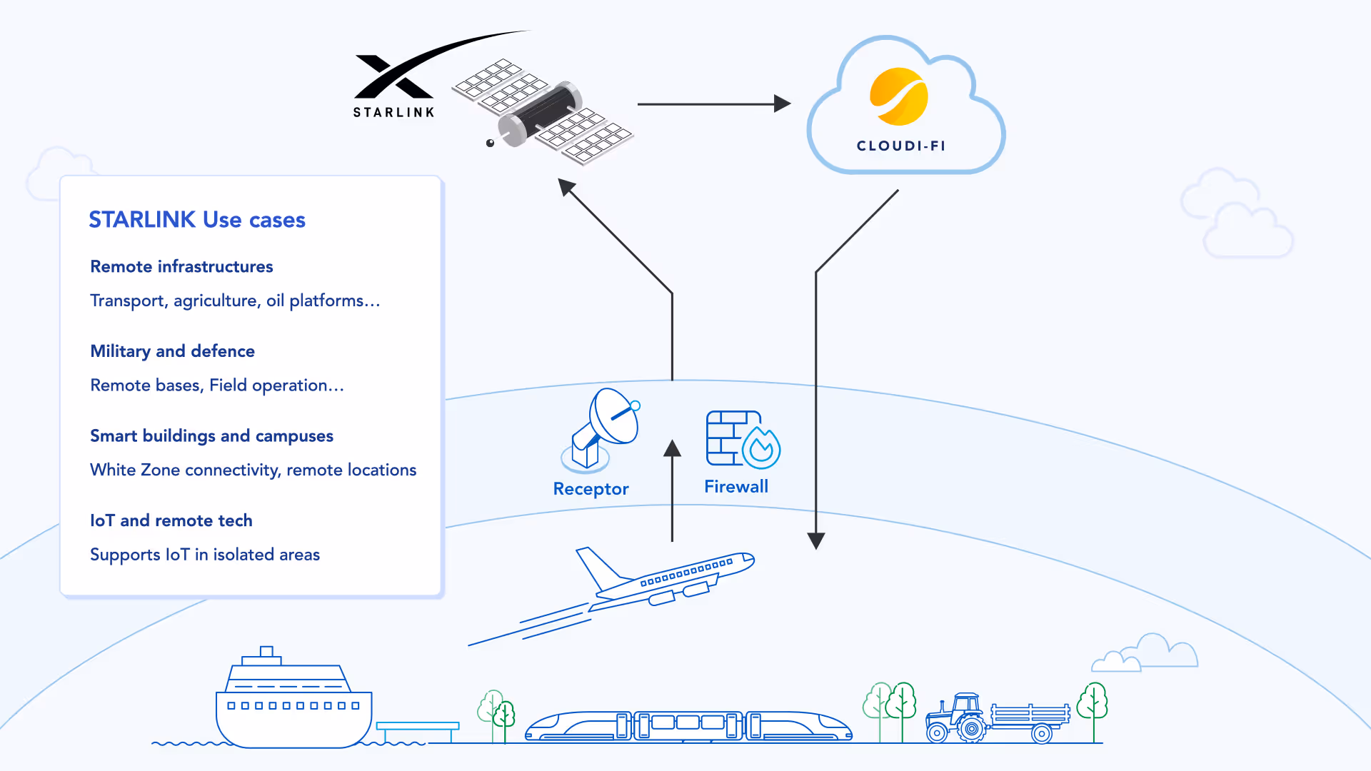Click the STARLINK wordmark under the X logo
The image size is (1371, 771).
pyautogui.click(x=393, y=112)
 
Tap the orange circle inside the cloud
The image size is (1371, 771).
pyautogui.click(x=899, y=96)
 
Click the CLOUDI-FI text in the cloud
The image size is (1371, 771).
pyautogui.click(x=901, y=146)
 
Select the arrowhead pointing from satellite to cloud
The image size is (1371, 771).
pyautogui.click(x=782, y=104)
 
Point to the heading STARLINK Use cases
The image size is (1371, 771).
pyautogui.click(x=197, y=220)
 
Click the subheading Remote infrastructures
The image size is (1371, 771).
pyautogui.click(x=181, y=266)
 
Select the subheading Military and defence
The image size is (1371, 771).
pyautogui.click(x=172, y=351)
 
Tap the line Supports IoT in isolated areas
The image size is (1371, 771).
pyautogui.click(x=205, y=555)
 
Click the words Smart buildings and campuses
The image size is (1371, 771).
pyautogui.click(x=211, y=435)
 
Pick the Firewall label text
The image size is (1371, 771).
pyautogui.click(x=736, y=487)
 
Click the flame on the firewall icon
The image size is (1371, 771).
pyautogui.click(x=761, y=448)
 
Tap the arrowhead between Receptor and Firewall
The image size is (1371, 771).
pyautogui.click(x=672, y=449)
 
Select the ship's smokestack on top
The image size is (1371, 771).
pyautogui.click(x=266, y=652)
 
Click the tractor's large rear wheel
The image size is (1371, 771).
pyautogui.click(x=971, y=729)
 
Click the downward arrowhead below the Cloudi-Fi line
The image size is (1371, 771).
pyautogui.click(x=816, y=540)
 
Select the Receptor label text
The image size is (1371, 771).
pyautogui.click(x=591, y=489)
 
